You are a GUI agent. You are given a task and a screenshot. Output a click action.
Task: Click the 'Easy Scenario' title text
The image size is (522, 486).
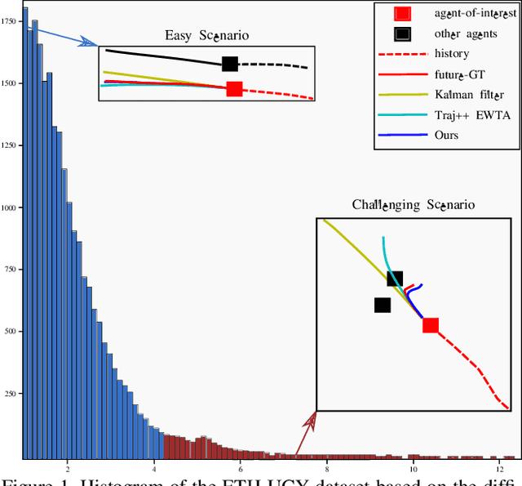207,35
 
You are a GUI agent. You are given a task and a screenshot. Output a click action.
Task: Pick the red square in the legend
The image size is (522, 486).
402,13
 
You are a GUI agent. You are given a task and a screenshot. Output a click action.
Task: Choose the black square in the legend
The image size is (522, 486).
402,33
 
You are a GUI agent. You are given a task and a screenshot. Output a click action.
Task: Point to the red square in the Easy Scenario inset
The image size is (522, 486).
234,89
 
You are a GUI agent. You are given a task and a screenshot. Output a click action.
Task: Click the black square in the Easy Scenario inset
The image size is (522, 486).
230,64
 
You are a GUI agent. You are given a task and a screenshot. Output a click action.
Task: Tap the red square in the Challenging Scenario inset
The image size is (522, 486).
430,325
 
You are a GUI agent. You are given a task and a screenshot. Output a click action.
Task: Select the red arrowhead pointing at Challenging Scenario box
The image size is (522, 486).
310,420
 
